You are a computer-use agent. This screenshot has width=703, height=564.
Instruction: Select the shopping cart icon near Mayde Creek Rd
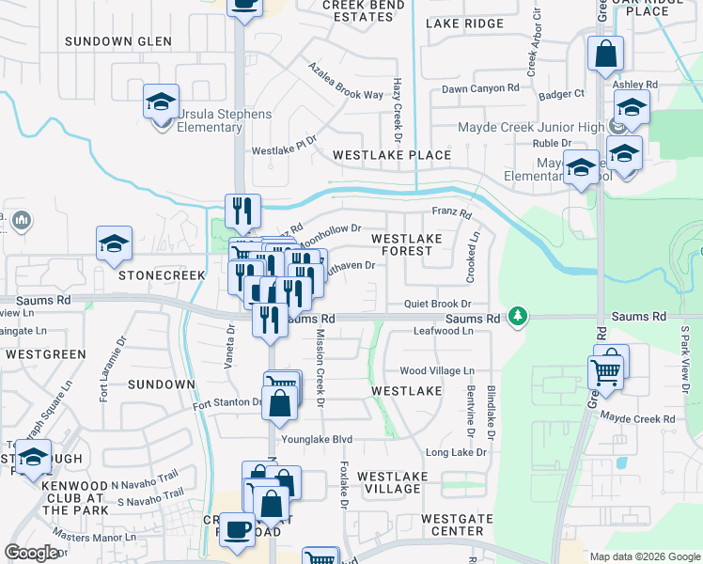(x=606, y=372)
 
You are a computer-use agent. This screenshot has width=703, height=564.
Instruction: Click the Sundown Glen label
(x=118, y=41)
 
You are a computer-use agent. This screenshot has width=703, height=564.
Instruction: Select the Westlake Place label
(x=392, y=154)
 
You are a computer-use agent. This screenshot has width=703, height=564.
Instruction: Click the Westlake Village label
(x=392, y=483)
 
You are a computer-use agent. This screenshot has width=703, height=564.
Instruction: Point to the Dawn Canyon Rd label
(x=480, y=88)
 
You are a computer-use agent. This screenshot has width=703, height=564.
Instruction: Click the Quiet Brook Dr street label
(x=437, y=305)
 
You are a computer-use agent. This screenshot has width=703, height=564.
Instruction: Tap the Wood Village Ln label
(x=437, y=371)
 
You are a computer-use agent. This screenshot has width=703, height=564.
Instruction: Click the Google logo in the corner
(x=31, y=552)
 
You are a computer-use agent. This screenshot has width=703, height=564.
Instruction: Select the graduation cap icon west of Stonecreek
(x=114, y=244)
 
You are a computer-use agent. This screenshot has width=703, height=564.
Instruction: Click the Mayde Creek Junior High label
(x=531, y=128)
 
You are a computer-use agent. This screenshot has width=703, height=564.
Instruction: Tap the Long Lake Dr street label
(x=456, y=452)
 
